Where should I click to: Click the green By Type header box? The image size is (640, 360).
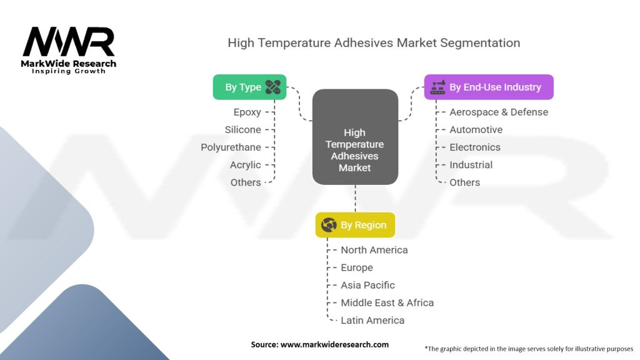click(x=249, y=87)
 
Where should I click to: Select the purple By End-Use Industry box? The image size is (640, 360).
click(x=489, y=87)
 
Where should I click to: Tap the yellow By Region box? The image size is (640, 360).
click(x=355, y=225)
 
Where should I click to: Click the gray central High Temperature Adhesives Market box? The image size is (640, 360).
click(x=355, y=137)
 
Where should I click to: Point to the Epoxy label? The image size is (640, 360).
click(x=247, y=112)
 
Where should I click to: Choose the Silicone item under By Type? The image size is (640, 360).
click(x=243, y=130)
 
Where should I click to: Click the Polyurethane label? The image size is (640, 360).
click(x=231, y=147)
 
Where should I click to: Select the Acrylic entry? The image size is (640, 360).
click(x=245, y=165)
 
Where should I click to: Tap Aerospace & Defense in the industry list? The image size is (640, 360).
click(x=499, y=112)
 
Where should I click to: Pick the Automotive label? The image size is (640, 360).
click(x=476, y=130)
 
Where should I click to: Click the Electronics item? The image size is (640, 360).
click(x=475, y=147)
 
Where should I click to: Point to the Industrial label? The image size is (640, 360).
click(x=471, y=165)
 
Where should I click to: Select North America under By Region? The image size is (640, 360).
click(x=374, y=250)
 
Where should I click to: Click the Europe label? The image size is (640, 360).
click(x=357, y=267)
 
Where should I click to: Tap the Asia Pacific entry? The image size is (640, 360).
click(x=367, y=285)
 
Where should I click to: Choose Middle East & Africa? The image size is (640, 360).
click(x=387, y=303)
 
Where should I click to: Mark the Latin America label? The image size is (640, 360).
click(x=372, y=321)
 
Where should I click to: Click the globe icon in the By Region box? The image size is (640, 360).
click(x=329, y=225)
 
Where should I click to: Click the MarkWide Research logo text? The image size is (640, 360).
click(x=69, y=64)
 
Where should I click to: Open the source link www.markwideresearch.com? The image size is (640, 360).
click(x=334, y=344)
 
